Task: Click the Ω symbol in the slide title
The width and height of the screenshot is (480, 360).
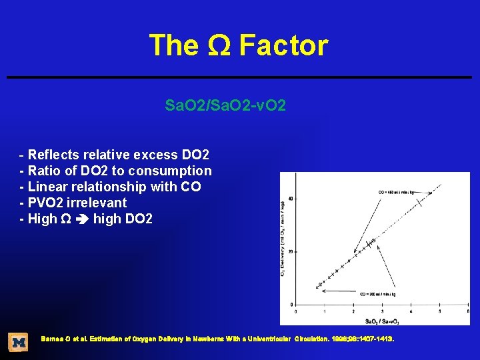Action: click(x=218, y=46)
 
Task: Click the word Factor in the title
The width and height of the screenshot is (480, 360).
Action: click(x=283, y=46)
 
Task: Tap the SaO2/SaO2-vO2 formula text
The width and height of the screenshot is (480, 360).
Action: click(x=225, y=105)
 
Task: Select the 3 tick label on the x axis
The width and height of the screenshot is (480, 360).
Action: click(x=382, y=311)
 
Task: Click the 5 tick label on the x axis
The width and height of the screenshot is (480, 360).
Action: click(x=439, y=311)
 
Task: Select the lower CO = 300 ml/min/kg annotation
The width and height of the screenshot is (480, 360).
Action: click(x=379, y=294)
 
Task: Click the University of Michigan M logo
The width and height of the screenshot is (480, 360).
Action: click(x=18, y=342)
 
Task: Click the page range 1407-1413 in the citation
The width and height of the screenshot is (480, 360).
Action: click(x=375, y=339)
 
